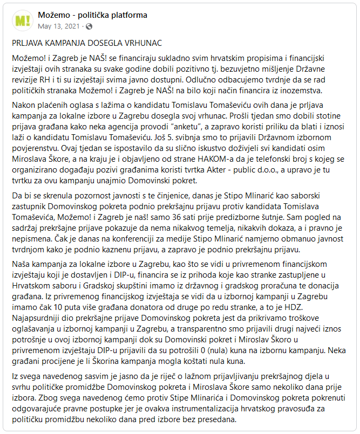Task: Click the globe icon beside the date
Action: [x=89, y=25]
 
